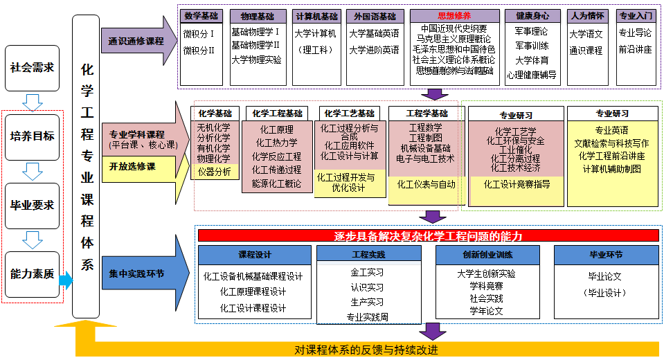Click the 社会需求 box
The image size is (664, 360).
[32, 68]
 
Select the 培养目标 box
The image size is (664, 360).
[32, 136]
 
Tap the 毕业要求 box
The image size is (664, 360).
[32, 205]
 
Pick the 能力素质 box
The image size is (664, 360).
[32, 273]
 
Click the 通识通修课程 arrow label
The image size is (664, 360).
[136, 41]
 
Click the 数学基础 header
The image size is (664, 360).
[201, 16]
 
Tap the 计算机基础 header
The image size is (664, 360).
[316, 16]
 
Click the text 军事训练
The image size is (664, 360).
[532, 46]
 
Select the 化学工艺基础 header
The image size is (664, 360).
[349, 114]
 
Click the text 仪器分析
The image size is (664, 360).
[214, 172]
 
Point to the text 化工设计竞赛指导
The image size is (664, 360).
[517, 184]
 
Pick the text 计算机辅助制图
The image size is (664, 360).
[611, 169]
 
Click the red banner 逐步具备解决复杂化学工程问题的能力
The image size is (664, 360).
[428, 235]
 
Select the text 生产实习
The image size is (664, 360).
[367, 302]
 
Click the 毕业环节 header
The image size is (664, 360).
[605, 255]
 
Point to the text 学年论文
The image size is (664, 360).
[486, 312]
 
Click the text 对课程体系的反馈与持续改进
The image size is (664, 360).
[366, 349]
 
